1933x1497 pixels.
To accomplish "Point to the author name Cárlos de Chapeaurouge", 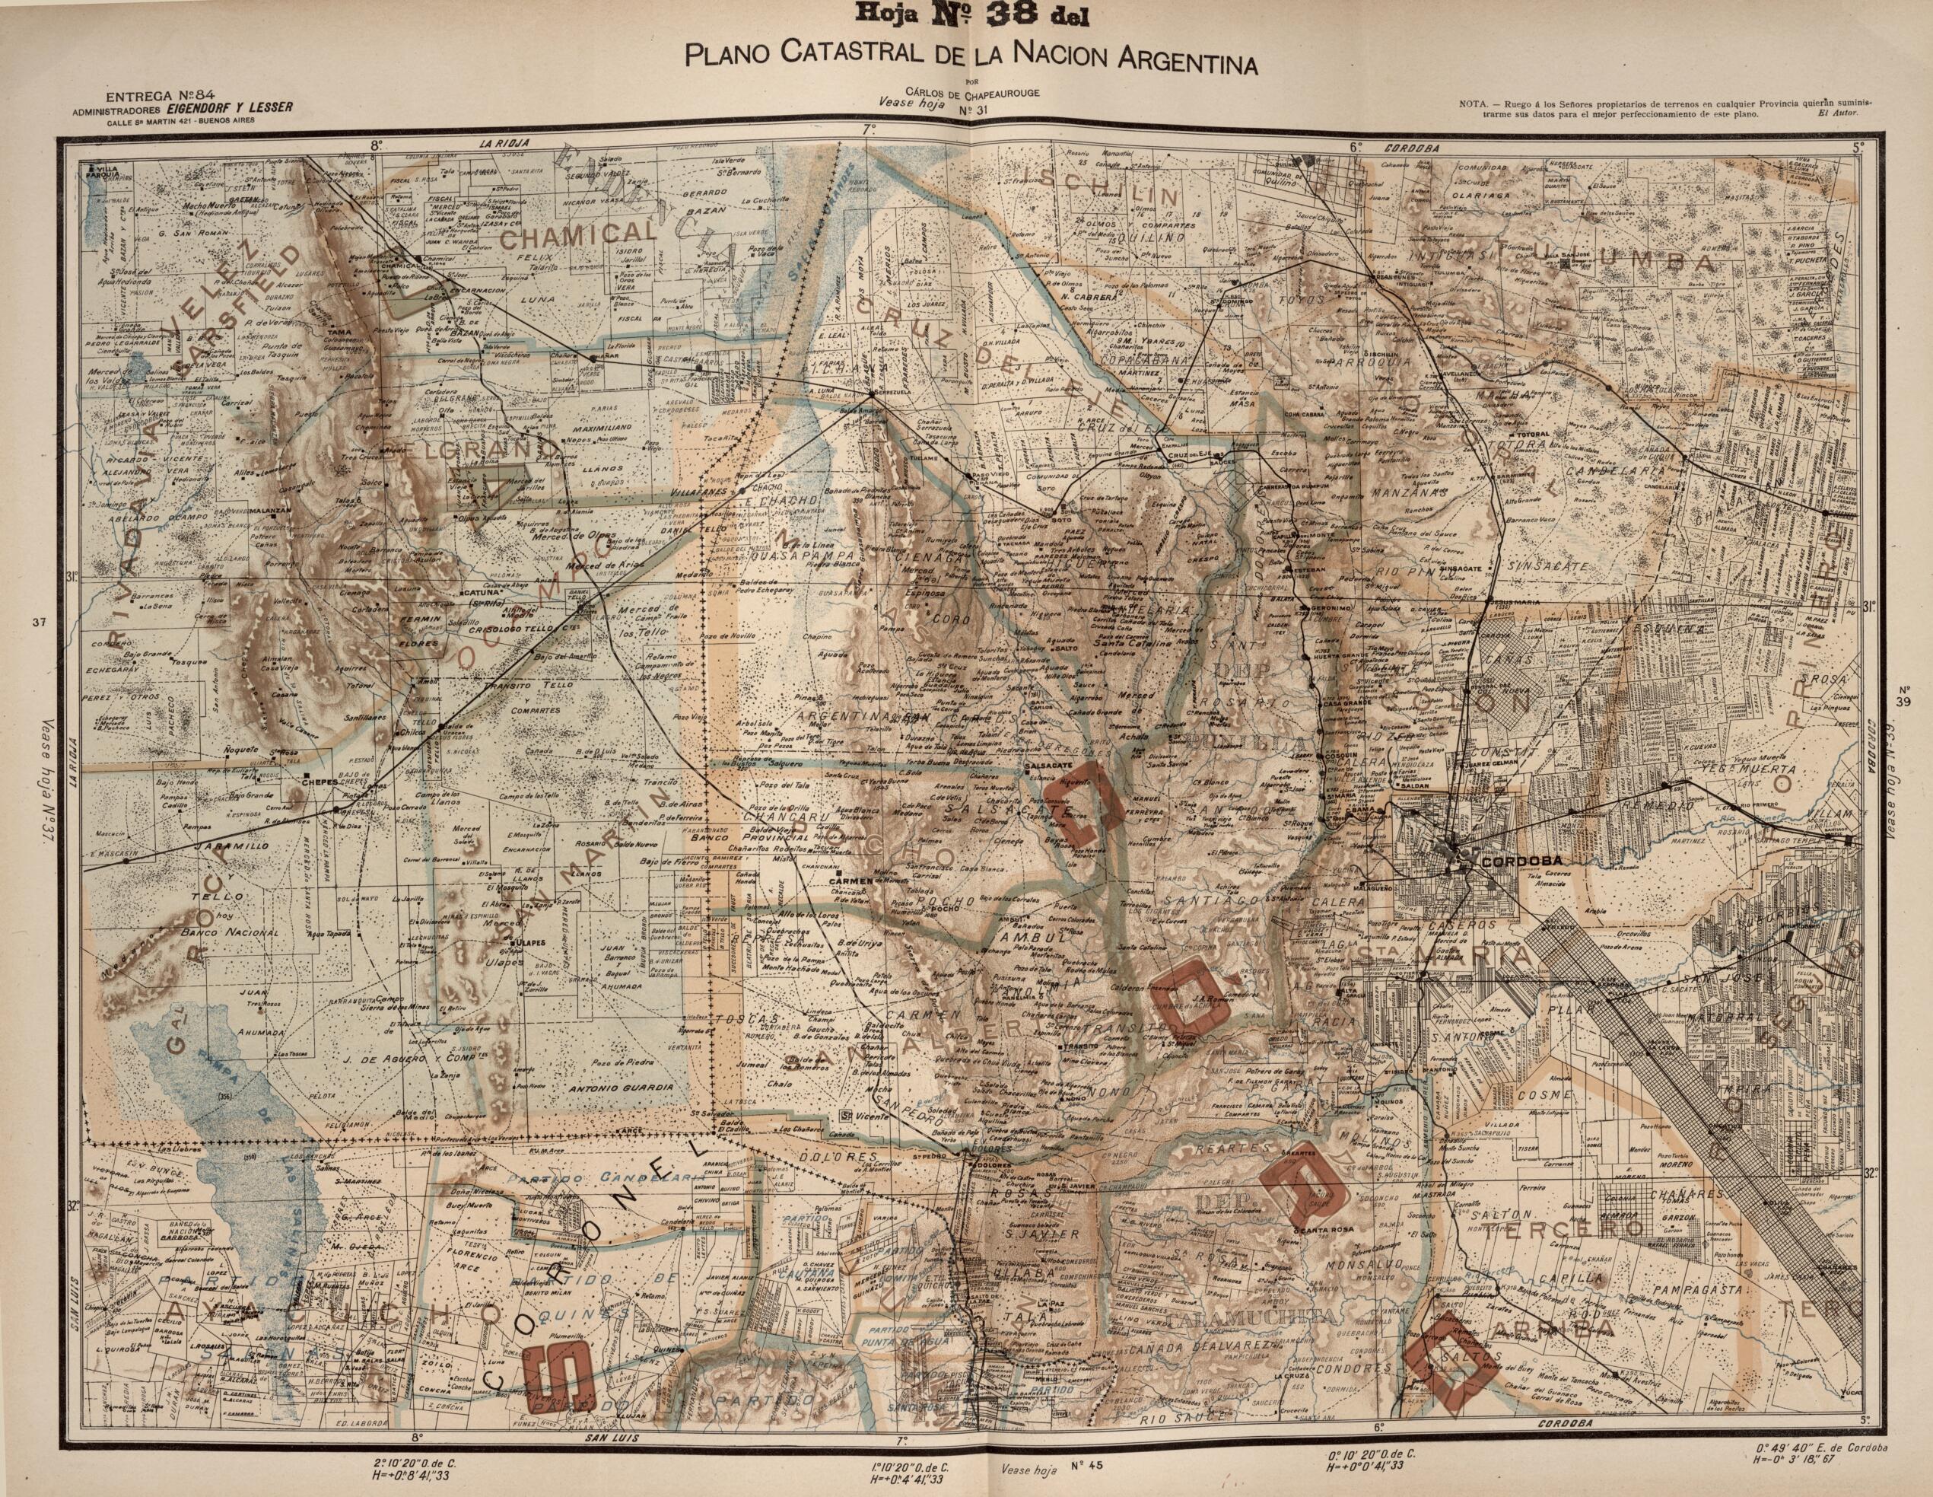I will (965, 92).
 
